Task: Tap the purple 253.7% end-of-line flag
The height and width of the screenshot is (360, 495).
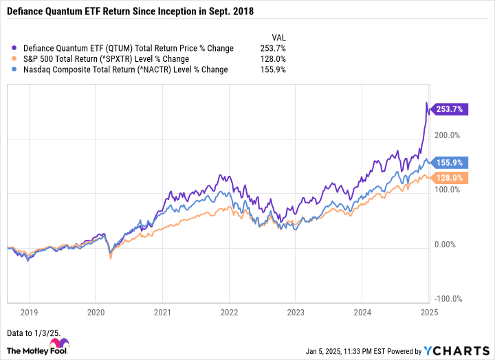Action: click(448, 109)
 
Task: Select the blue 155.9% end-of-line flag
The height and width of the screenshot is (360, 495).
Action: click(448, 162)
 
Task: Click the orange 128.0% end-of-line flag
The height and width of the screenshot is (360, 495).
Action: click(448, 177)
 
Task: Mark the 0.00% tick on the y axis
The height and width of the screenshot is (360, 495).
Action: click(448, 245)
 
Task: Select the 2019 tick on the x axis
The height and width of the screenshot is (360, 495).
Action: click(30, 313)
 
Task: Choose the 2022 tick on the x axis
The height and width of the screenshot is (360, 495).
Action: click(229, 313)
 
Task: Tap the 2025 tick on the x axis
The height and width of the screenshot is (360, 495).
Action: click(429, 313)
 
